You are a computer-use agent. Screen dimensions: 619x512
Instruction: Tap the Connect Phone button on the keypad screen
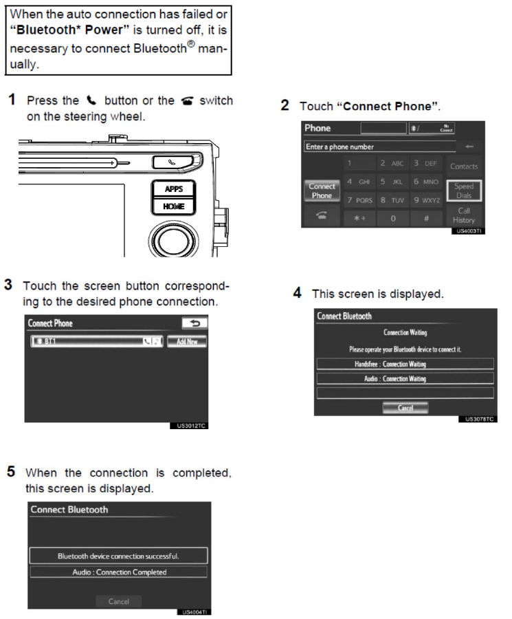click(x=322, y=191)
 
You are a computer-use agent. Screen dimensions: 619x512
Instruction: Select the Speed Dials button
click(x=464, y=191)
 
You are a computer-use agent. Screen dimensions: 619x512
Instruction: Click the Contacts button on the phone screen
click(x=464, y=166)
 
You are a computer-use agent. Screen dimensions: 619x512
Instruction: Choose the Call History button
click(x=464, y=215)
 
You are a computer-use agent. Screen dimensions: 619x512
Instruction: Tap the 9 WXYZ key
click(x=427, y=201)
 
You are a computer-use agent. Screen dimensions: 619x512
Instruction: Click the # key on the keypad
click(x=427, y=219)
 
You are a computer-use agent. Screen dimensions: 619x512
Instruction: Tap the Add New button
click(x=187, y=341)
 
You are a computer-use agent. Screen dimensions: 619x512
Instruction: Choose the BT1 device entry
click(x=96, y=341)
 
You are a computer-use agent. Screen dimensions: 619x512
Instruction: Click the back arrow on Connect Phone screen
click(x=194, y=323)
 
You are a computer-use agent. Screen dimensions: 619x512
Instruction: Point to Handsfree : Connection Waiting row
click(x=405, y=364)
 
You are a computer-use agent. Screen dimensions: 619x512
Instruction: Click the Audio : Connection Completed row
click(x=119, y=572)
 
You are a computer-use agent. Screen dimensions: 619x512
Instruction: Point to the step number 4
click(x=297, y=293)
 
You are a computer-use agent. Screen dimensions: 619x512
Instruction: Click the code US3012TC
click(x=188, y=426)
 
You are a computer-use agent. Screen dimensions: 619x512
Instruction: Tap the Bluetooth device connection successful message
click(x=119, y=556)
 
